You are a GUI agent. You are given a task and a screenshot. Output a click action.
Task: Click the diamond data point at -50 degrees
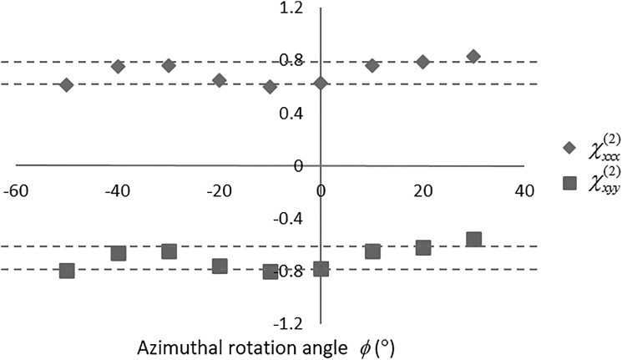(x=67, y=84)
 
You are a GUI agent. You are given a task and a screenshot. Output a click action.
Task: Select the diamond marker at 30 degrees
(x=473, y=56)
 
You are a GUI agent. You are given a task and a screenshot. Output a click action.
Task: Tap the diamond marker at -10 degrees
(x=270, y=86)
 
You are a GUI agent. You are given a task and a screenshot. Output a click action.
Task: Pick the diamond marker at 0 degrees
(x=321, y=82)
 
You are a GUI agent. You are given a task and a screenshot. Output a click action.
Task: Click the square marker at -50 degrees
(x=67, y=271)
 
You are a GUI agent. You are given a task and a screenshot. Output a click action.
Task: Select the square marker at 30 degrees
(x=473, y=240)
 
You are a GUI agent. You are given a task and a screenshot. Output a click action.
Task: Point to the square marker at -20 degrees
(x=220, y=266)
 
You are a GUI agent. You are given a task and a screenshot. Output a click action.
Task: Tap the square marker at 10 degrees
(x=372, y=251)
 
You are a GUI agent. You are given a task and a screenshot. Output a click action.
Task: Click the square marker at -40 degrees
(x=118, y=253)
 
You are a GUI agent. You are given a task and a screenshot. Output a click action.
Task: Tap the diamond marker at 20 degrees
(x=422, y=62)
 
